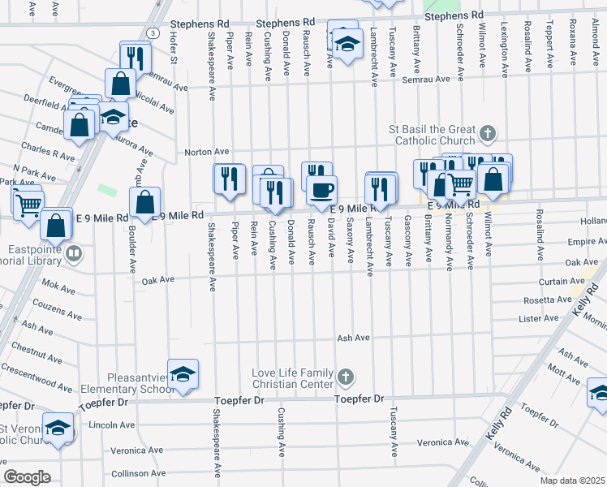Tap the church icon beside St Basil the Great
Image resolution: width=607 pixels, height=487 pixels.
click(x=487, y=132)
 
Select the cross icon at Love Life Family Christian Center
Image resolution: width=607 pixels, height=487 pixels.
click(x=346, y=377)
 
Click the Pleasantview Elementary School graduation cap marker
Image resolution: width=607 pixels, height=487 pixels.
click(x=183, y=373)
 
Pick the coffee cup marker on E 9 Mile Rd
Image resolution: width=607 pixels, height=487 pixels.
click(x=321, y=191)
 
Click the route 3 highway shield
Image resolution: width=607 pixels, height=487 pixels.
click(x=152, y=32)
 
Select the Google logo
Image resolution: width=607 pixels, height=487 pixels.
click(x=27, y=477)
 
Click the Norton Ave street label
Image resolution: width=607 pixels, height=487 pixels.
click(x=207, y=152)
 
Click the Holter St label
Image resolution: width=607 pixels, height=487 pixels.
click(x=174, y=49)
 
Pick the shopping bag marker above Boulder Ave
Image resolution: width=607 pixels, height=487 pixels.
click(x=144, y=202)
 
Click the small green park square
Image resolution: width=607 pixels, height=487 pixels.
click(x=107, y=190)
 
